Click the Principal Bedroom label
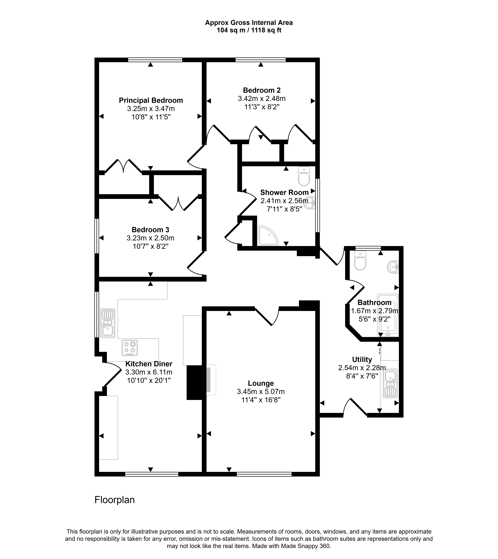151,100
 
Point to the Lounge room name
261,383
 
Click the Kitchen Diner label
149,364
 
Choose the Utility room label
362,360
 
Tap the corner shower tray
268,235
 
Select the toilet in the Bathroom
360,261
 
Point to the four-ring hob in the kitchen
130,348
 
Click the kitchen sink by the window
108,323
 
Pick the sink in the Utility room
390,384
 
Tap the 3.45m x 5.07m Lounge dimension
261,392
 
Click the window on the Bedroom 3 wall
97,236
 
